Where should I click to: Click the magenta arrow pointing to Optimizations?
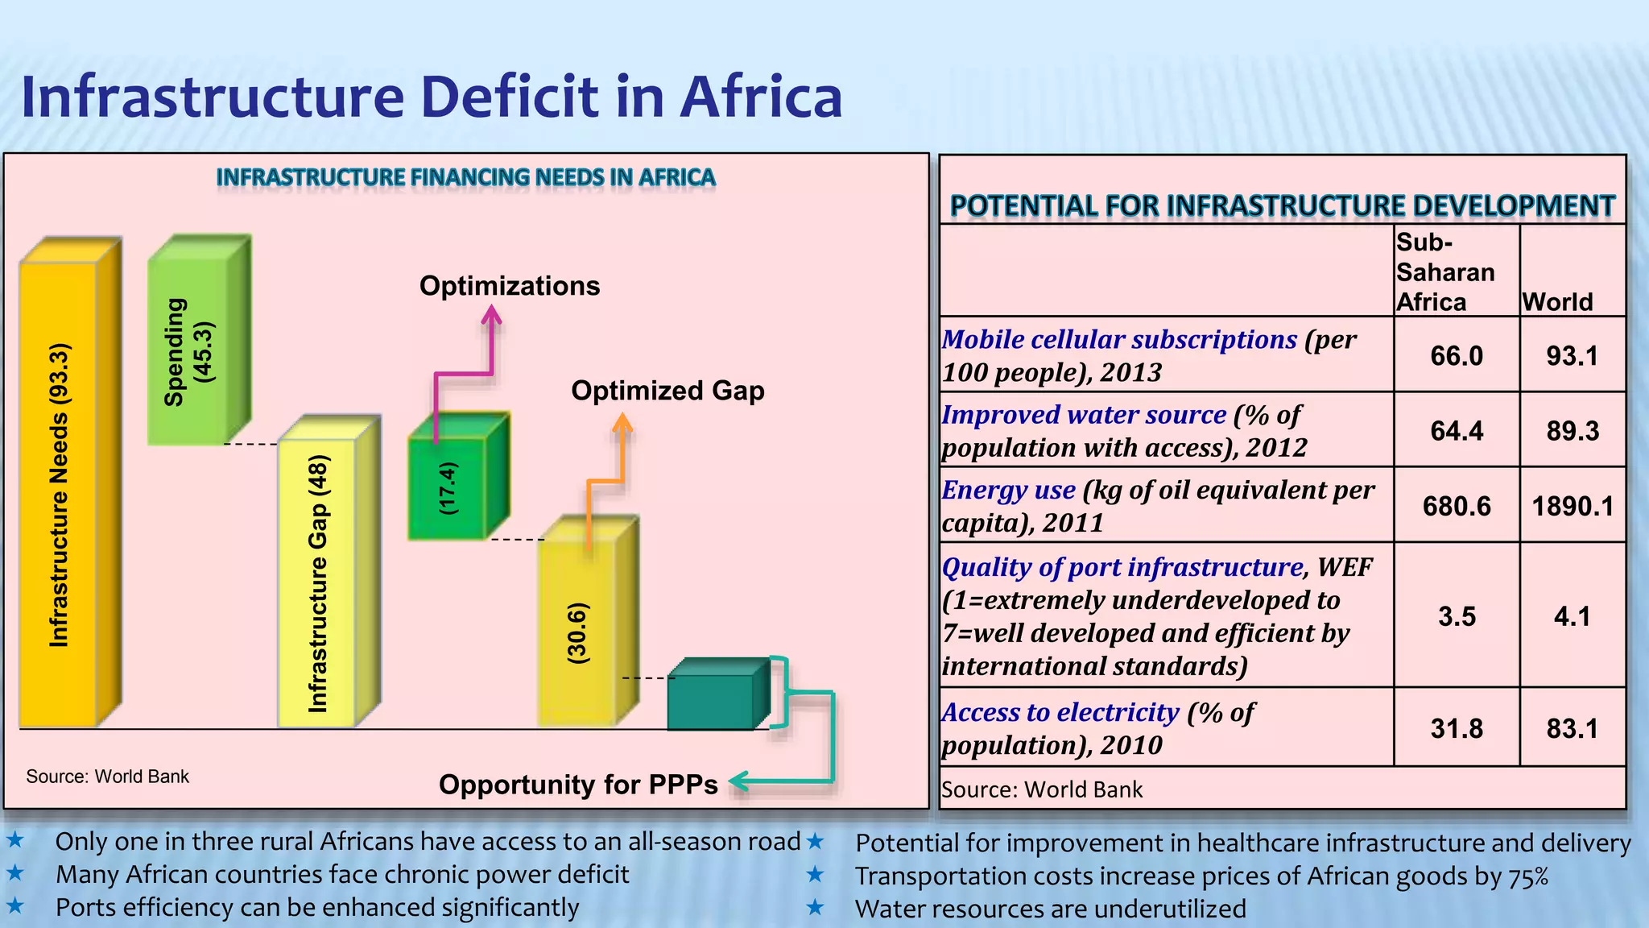point(490,346)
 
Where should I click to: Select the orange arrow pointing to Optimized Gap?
point(621,451)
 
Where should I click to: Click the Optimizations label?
point(510,286)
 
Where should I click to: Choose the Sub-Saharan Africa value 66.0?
point(1457,355)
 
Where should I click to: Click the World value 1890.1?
point(1573,506)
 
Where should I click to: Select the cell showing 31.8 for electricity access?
point(1457,728)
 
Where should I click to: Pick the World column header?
point(1557,301)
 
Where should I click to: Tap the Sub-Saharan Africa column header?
point(1444,272)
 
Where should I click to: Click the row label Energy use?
point(1008,490)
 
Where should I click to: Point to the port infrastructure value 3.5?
point(1457,616)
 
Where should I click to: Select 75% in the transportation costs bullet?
point(1528,876)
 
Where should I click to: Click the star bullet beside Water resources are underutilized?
point(816,908)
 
